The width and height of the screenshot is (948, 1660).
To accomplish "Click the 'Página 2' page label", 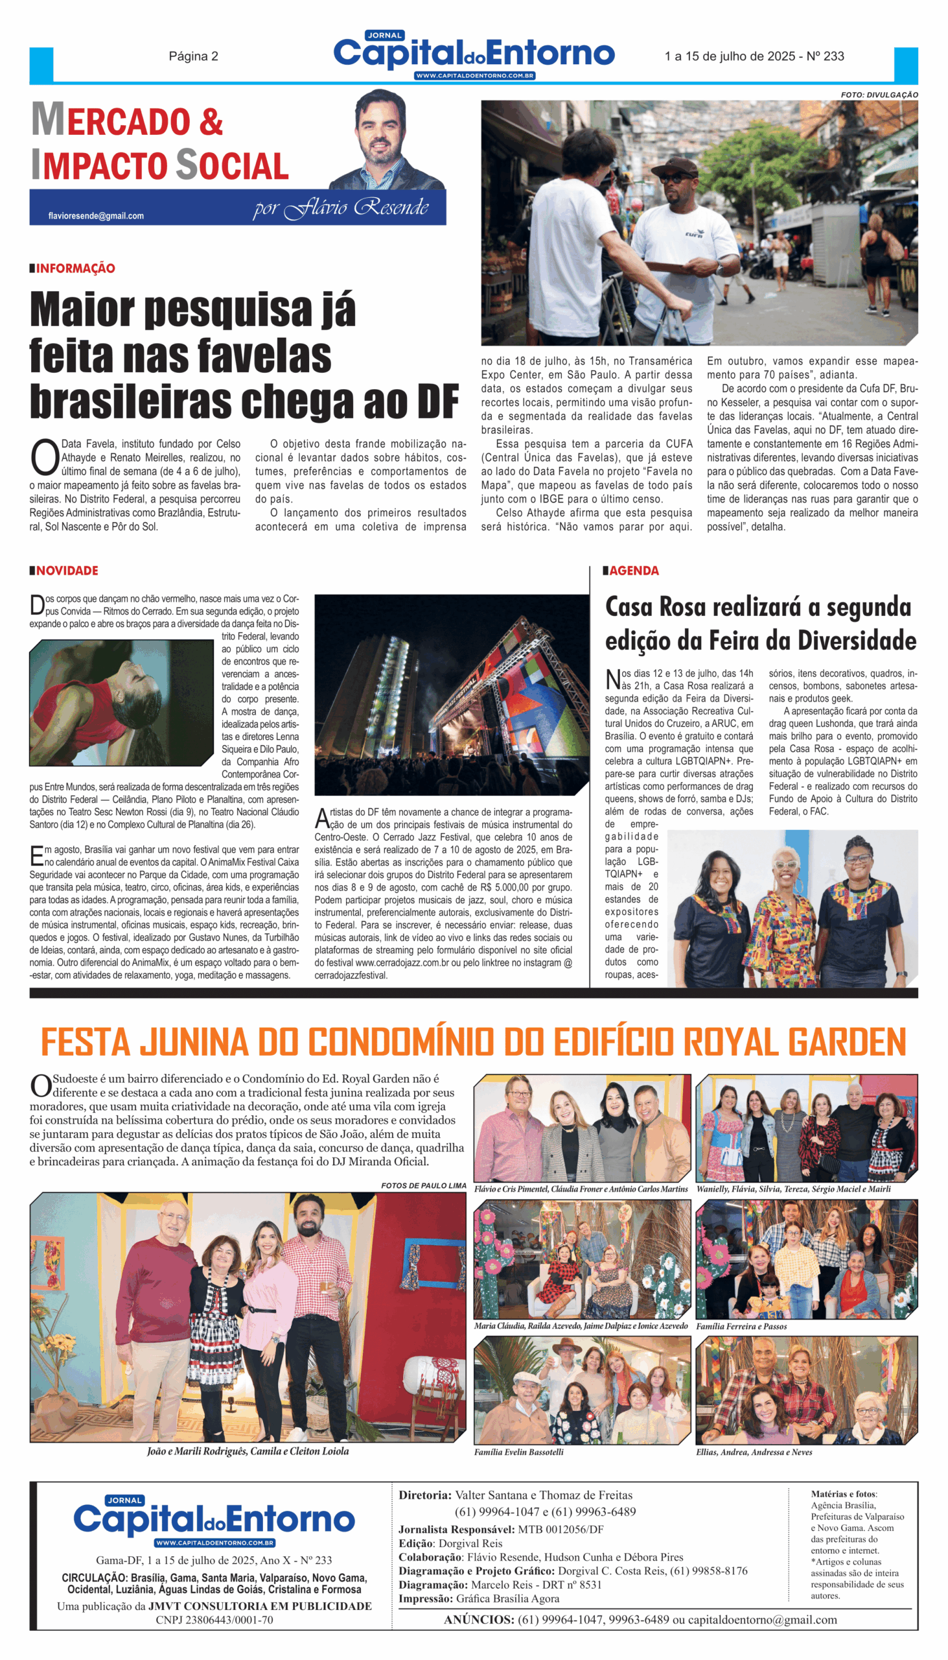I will pos(193,56).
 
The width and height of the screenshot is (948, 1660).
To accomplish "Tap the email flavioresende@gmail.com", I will pos(96,216).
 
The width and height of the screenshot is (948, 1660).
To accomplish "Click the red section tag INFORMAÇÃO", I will pos(76,268).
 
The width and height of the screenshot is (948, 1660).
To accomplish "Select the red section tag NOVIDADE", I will pos(67,571).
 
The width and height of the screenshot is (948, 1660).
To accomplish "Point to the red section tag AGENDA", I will pos(634,571).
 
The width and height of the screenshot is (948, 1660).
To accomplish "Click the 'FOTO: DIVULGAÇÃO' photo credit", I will pos(879,95).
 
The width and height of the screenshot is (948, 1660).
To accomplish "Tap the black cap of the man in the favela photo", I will pos(676,167).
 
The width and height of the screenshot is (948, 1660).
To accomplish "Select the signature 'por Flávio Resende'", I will pos(341,208).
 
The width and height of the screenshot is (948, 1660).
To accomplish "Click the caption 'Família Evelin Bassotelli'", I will pos(519,1452).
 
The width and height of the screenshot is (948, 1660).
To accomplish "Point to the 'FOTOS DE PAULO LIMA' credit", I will pos(423,1186).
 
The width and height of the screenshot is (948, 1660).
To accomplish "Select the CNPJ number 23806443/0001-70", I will pos(214,1620).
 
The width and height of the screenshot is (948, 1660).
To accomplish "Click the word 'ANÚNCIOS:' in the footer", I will pos(479,1620).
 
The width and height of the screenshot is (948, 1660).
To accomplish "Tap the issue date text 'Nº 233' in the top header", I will pos(825,56).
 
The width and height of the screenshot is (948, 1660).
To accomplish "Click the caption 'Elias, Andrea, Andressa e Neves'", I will pos(754,1452).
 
